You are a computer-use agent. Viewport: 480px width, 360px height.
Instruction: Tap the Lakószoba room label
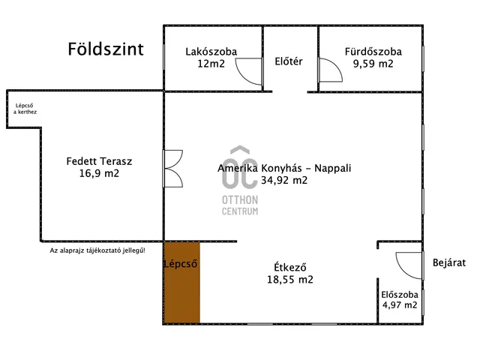pyautogui.click(x=211, y=52)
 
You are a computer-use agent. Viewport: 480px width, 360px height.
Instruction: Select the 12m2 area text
pyautogui.click(x=211, y=64)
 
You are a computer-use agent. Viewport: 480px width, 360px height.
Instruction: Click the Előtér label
pyautogui.click(x=289, y=61)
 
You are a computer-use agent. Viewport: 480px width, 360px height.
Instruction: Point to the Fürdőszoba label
pyautogui.click(x=373, y=52)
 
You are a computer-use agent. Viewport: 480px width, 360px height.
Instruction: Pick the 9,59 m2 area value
pyautogui.click(x=373, y=64)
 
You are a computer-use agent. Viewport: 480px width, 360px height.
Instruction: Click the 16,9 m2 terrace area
pyautogui.click(x=99, y=173)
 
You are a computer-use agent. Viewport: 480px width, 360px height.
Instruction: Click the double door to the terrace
pyautogui.click(x=173, y=169)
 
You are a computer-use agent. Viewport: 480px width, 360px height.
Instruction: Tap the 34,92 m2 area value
pyautogui.click(x=284, y=180)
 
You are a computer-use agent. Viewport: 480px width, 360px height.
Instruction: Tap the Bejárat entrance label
pyautogui.click(x=450, y=262)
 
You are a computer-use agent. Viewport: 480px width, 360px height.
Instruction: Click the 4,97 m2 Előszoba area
pyautogui.click(x=400, y=305)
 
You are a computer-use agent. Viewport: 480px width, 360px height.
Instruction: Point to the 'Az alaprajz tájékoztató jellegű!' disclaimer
pyautogui.click(x=97, y=250)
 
